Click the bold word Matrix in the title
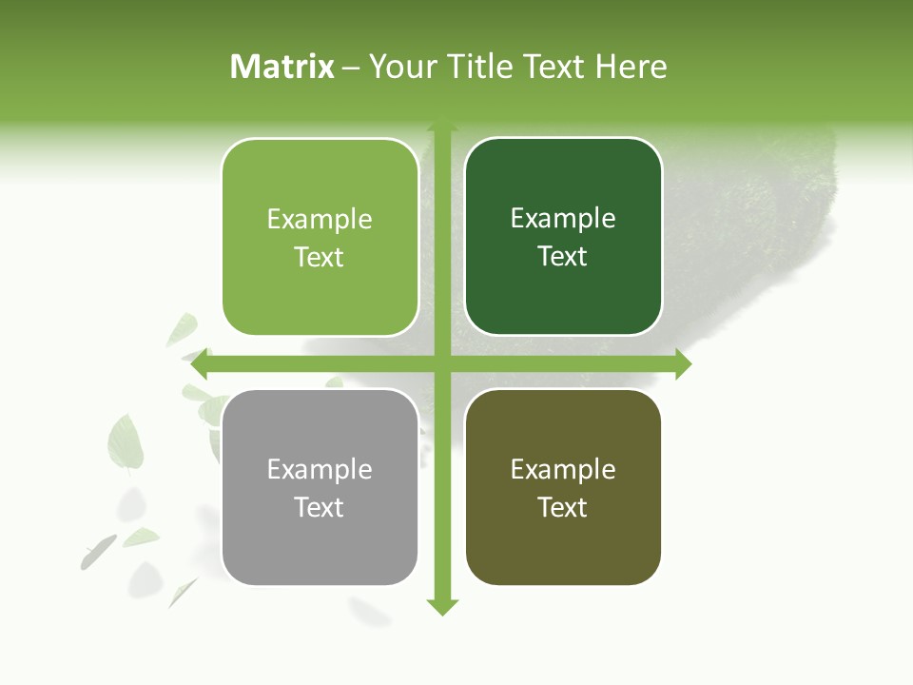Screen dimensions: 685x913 pos(282,67)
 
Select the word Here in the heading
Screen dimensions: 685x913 pos(631,67)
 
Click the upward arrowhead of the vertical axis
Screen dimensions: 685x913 pos(441,127)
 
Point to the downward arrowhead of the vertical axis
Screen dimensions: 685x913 pos(441,606)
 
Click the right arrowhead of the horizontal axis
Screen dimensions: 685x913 pos(682,363)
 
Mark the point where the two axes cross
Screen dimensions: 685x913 pos(441,363)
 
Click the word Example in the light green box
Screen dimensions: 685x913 pos(320,220)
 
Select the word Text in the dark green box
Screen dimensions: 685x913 pos(563,257)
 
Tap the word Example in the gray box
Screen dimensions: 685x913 pos(320,470)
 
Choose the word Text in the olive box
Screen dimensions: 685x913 pos(563,507)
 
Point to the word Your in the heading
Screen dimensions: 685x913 pos(403,67)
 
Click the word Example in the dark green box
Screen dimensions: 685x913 pos(563,219)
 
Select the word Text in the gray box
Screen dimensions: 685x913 pos(320,507)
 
